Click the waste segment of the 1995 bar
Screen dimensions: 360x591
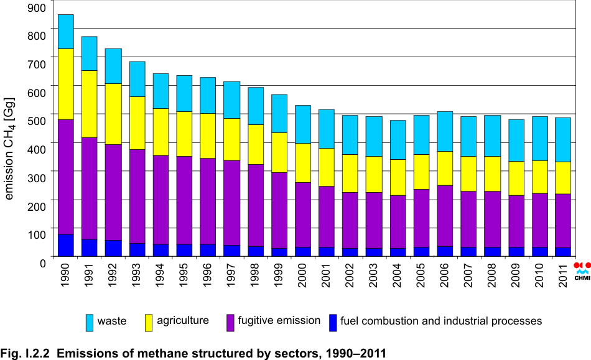(185, 93)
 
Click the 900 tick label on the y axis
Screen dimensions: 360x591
(37, 7)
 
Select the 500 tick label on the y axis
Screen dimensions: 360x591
(37, 121)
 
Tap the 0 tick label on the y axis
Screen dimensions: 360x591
(43, 263)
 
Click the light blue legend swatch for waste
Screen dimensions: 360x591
(90, 321)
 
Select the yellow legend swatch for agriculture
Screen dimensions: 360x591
(148, 321)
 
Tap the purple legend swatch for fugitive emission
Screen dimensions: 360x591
(230, 321)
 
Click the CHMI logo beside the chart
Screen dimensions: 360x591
(582, 268)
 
